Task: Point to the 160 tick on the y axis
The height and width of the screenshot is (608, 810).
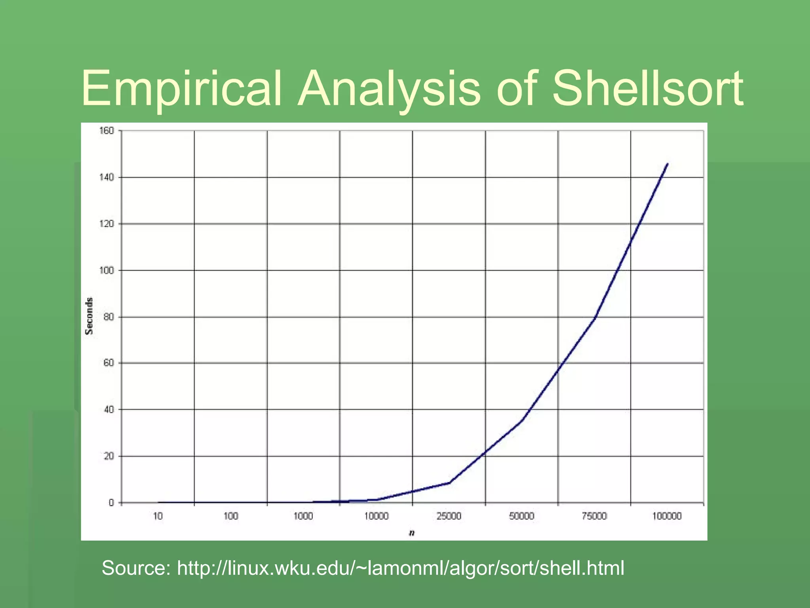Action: click(x=106, y=131)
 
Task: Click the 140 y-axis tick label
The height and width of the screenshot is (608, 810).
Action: click(x=106, y=177)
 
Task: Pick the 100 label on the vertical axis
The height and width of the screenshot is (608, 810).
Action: click(x=106, y=270)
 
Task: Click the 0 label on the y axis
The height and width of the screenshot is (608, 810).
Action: click(x=111, y=503)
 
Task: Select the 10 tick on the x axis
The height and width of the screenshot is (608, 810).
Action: click(x=158, y=516)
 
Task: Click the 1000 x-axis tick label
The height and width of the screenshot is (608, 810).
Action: click(x=303, y=516)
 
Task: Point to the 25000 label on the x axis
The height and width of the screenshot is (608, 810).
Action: click(x=449, y=516)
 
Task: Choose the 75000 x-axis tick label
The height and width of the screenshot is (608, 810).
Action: click(x=594, y=516)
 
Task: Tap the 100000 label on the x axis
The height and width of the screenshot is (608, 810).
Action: click(x=667, y=516)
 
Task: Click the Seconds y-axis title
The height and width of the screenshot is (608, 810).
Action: click(x=89, y=316)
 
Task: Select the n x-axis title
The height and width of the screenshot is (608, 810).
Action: click(x=412, y=533)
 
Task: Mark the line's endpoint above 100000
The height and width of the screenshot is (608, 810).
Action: click(x=668, y=163)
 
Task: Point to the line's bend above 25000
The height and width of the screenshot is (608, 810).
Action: click(x=449, y=483)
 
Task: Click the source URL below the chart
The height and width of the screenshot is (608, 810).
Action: click(x=400, y=568)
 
